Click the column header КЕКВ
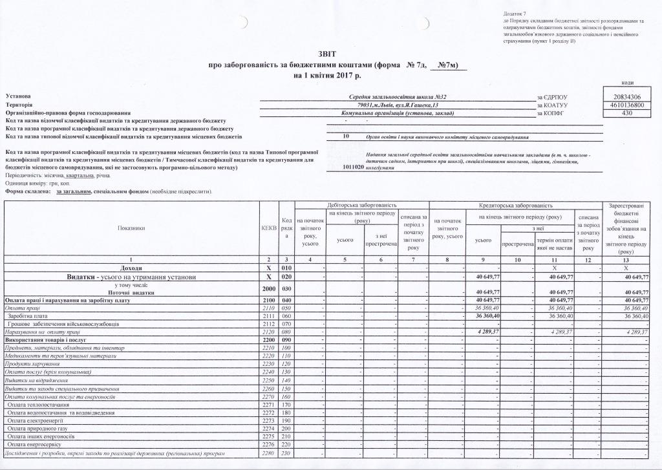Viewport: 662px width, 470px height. pos(268,228)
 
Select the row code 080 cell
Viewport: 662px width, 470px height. pos(286,332)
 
